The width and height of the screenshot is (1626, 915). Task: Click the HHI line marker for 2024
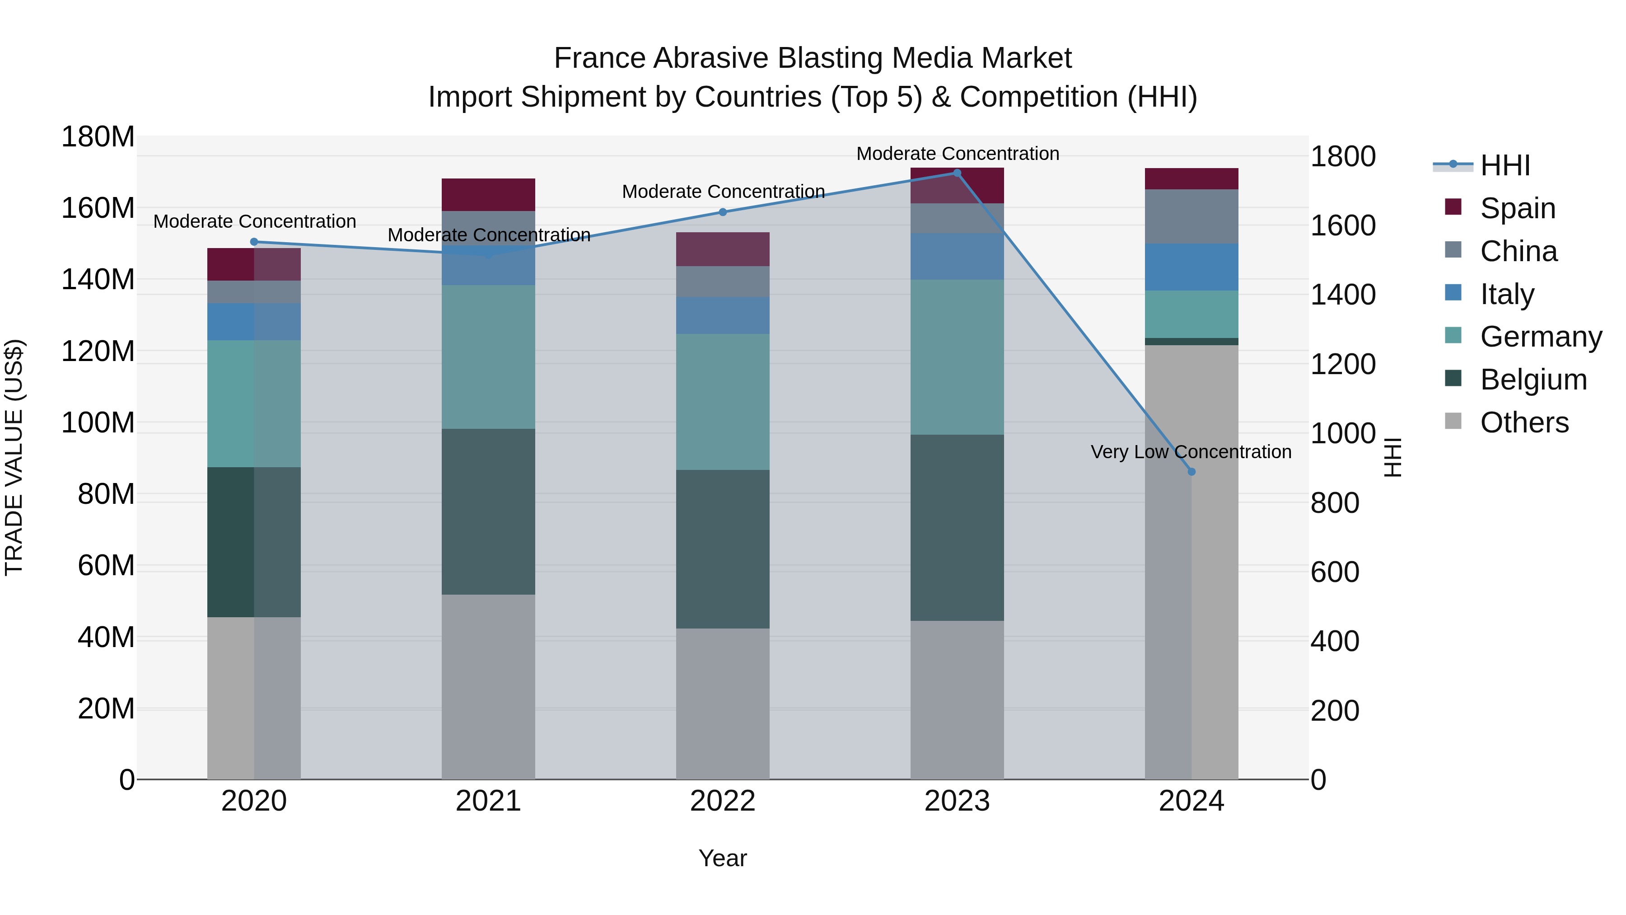pyautogui.click(x=1191, y=472)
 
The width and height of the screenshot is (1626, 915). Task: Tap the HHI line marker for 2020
pyautogui.click(x=254, y=242)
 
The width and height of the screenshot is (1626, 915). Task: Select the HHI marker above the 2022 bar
pyautogui.click(x=723, y=212)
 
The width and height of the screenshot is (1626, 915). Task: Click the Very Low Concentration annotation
pyautogui.click(x=1191, y=452)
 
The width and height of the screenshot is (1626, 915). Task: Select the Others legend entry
pyautogui.click(x=1524, y=422)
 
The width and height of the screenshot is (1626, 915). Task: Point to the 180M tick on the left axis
pyautogui.click(x=98, y=136)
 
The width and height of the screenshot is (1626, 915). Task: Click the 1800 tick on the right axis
pyautogui.click(x=1343, y=157)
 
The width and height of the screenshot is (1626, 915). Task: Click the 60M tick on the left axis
pyautogui.click(x=105, y=565)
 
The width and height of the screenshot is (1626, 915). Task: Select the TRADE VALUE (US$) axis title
pyautogui.click(x=14, y=457)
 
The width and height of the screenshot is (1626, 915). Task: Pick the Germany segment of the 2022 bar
pyautogui.click(x=722, y=402)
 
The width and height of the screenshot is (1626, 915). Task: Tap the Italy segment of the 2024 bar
pyautogui.click(x=1191, y=267)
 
